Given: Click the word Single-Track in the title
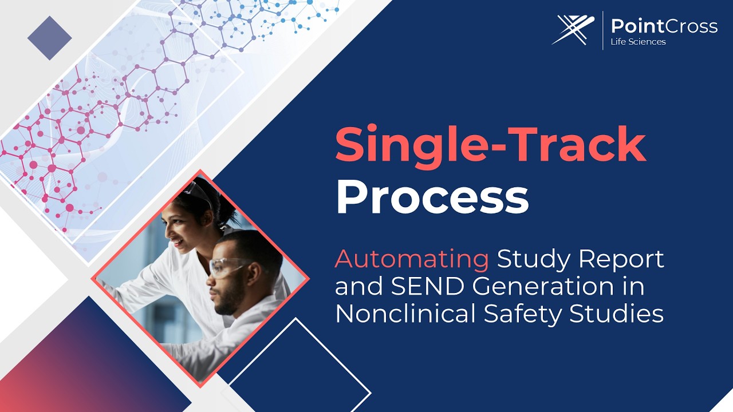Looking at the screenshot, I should tap(490, 145).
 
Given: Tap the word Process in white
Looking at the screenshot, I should tap(432, 197).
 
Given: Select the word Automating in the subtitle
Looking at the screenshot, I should tap(412, 259).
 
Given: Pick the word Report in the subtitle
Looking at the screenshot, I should tap(621, 259).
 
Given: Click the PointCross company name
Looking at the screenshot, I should tap(664, 26).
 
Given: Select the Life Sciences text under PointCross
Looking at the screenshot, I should tap(639, 42).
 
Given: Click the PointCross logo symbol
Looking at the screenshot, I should tap(573, 30).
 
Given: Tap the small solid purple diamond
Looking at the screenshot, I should tap(50, 38).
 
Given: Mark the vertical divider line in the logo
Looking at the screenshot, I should tap(602, 30).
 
